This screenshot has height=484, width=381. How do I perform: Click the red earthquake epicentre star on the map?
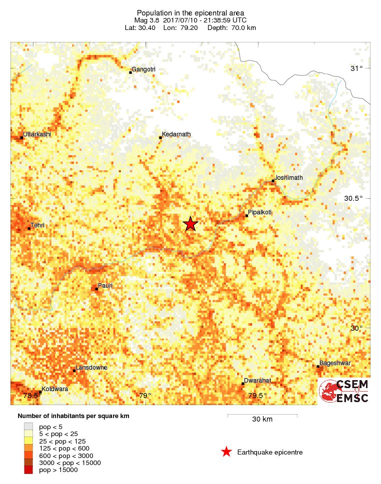(190, 224)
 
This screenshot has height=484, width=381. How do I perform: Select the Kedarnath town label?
(176, 134)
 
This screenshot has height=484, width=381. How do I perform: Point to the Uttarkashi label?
(37, 134)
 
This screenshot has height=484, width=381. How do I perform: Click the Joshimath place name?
(289, 177)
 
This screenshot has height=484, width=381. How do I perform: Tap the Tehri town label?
(37, 225)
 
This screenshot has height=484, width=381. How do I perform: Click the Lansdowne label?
(91, 368)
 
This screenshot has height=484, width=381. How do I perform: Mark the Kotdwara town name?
(54, 389)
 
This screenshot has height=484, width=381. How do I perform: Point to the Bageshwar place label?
(335, 363)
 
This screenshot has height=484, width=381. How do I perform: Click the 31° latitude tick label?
(356, 68)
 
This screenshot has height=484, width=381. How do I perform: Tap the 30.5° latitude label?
(353, 198)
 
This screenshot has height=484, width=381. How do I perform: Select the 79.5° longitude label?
(258, 396)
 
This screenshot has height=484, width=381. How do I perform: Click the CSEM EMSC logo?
(344, 391)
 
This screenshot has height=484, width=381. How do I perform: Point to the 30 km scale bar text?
(262, 420)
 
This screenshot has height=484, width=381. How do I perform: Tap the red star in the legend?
(226, 452)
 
